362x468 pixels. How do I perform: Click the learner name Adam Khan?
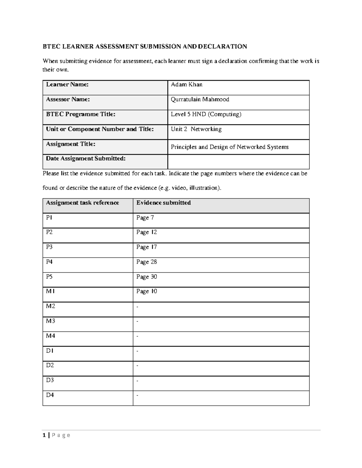pos(186,85)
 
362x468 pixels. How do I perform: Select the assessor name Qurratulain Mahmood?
pos(200,99)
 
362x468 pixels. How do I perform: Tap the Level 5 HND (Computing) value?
pos(206,114)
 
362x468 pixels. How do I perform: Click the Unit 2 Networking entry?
pos(196,129)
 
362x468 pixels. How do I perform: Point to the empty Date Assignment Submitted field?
pos(238,162)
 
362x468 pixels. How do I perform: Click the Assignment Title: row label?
pos(71,144)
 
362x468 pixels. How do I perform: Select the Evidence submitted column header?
pos(163,203)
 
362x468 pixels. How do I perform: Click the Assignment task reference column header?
pos(82,203)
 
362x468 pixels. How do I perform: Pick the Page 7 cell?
pos(145,218)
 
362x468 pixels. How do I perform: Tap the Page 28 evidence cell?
pos(146,262)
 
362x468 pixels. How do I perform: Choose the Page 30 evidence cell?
pos(146,277)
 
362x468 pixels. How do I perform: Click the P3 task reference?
pos(49,247)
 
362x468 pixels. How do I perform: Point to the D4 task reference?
pos(50,395)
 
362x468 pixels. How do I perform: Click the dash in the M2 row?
pos(138,307)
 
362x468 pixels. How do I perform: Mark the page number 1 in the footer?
pos(44,435)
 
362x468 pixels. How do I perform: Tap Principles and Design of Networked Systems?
pos(230,147)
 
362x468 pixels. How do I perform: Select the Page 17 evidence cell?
pos(146,247)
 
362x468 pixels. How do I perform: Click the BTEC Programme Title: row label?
pos(81,114)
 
